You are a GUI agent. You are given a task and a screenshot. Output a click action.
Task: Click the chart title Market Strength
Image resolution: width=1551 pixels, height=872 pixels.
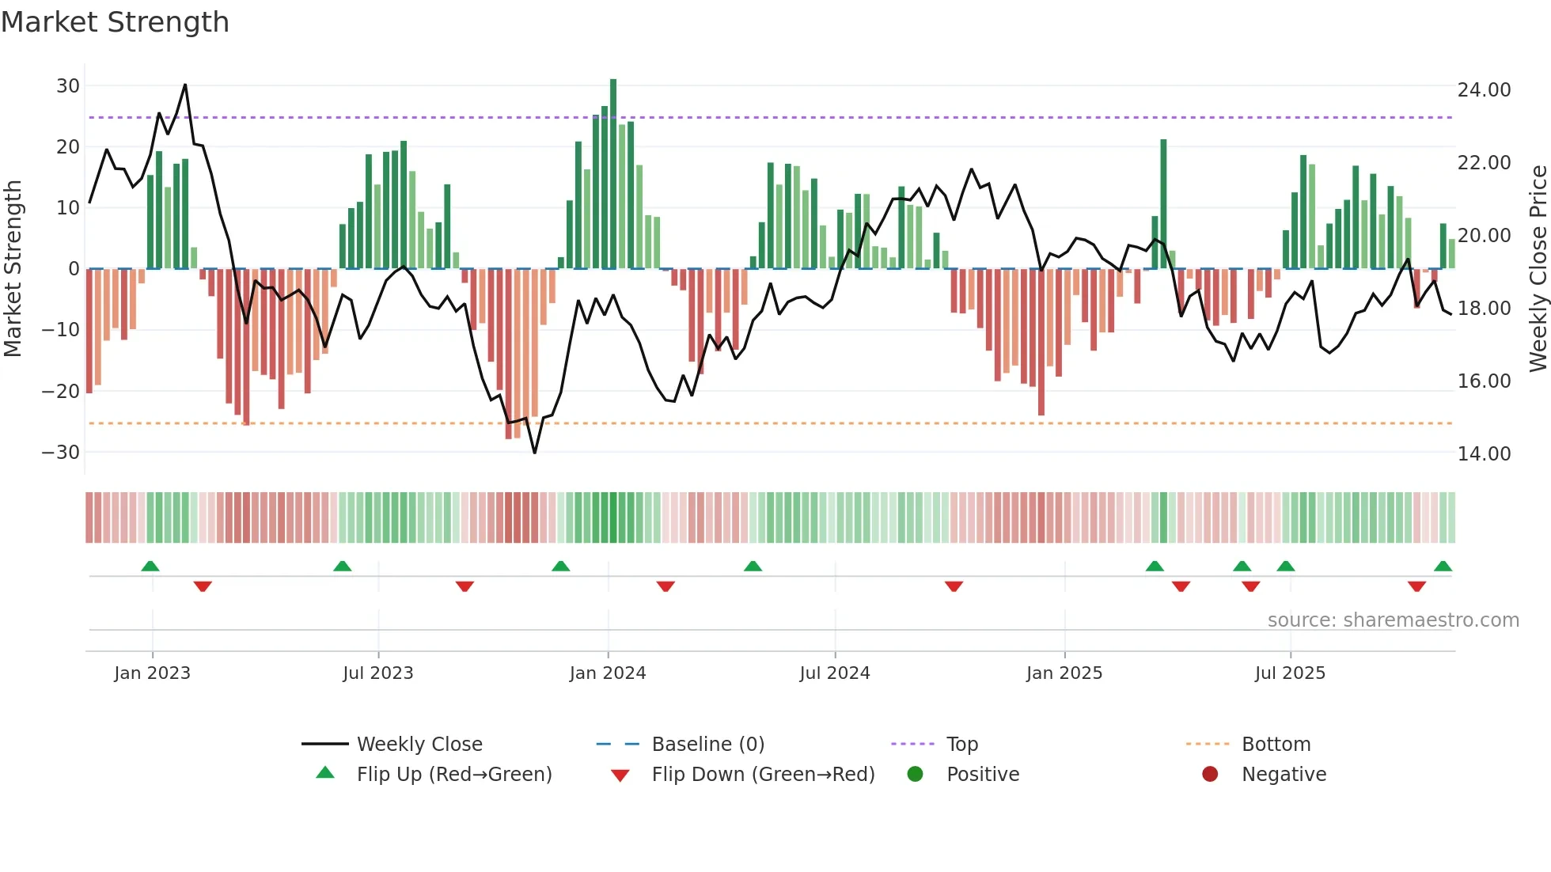[115, 22]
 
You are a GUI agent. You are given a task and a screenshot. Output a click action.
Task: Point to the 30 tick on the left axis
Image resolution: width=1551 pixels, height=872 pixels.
[68, 85]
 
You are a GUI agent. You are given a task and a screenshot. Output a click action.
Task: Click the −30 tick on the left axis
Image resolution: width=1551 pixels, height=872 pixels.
[61, 453]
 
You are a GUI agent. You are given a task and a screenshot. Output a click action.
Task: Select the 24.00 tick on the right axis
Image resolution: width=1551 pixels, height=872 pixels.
[1484, 90]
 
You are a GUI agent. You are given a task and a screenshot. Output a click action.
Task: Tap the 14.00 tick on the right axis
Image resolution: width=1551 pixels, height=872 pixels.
[1484, 454]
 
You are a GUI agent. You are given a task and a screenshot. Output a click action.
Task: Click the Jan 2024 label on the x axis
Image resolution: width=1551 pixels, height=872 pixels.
[607, 673]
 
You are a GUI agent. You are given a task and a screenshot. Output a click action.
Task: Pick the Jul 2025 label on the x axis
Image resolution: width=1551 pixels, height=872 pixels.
[1289, 673]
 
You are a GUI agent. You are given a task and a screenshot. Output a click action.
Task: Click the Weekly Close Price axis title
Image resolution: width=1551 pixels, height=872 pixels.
[1538, 269]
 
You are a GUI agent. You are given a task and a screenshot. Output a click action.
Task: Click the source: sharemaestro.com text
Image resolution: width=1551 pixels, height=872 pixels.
[1393, 620]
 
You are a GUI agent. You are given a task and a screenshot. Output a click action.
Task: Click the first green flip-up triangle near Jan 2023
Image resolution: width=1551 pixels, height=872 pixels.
[150, 566]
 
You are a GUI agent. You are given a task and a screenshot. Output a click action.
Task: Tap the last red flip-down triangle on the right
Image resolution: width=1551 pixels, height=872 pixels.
[1416, 586]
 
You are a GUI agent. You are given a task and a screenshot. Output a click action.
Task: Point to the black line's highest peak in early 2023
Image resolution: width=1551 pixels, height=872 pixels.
[185, 85]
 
